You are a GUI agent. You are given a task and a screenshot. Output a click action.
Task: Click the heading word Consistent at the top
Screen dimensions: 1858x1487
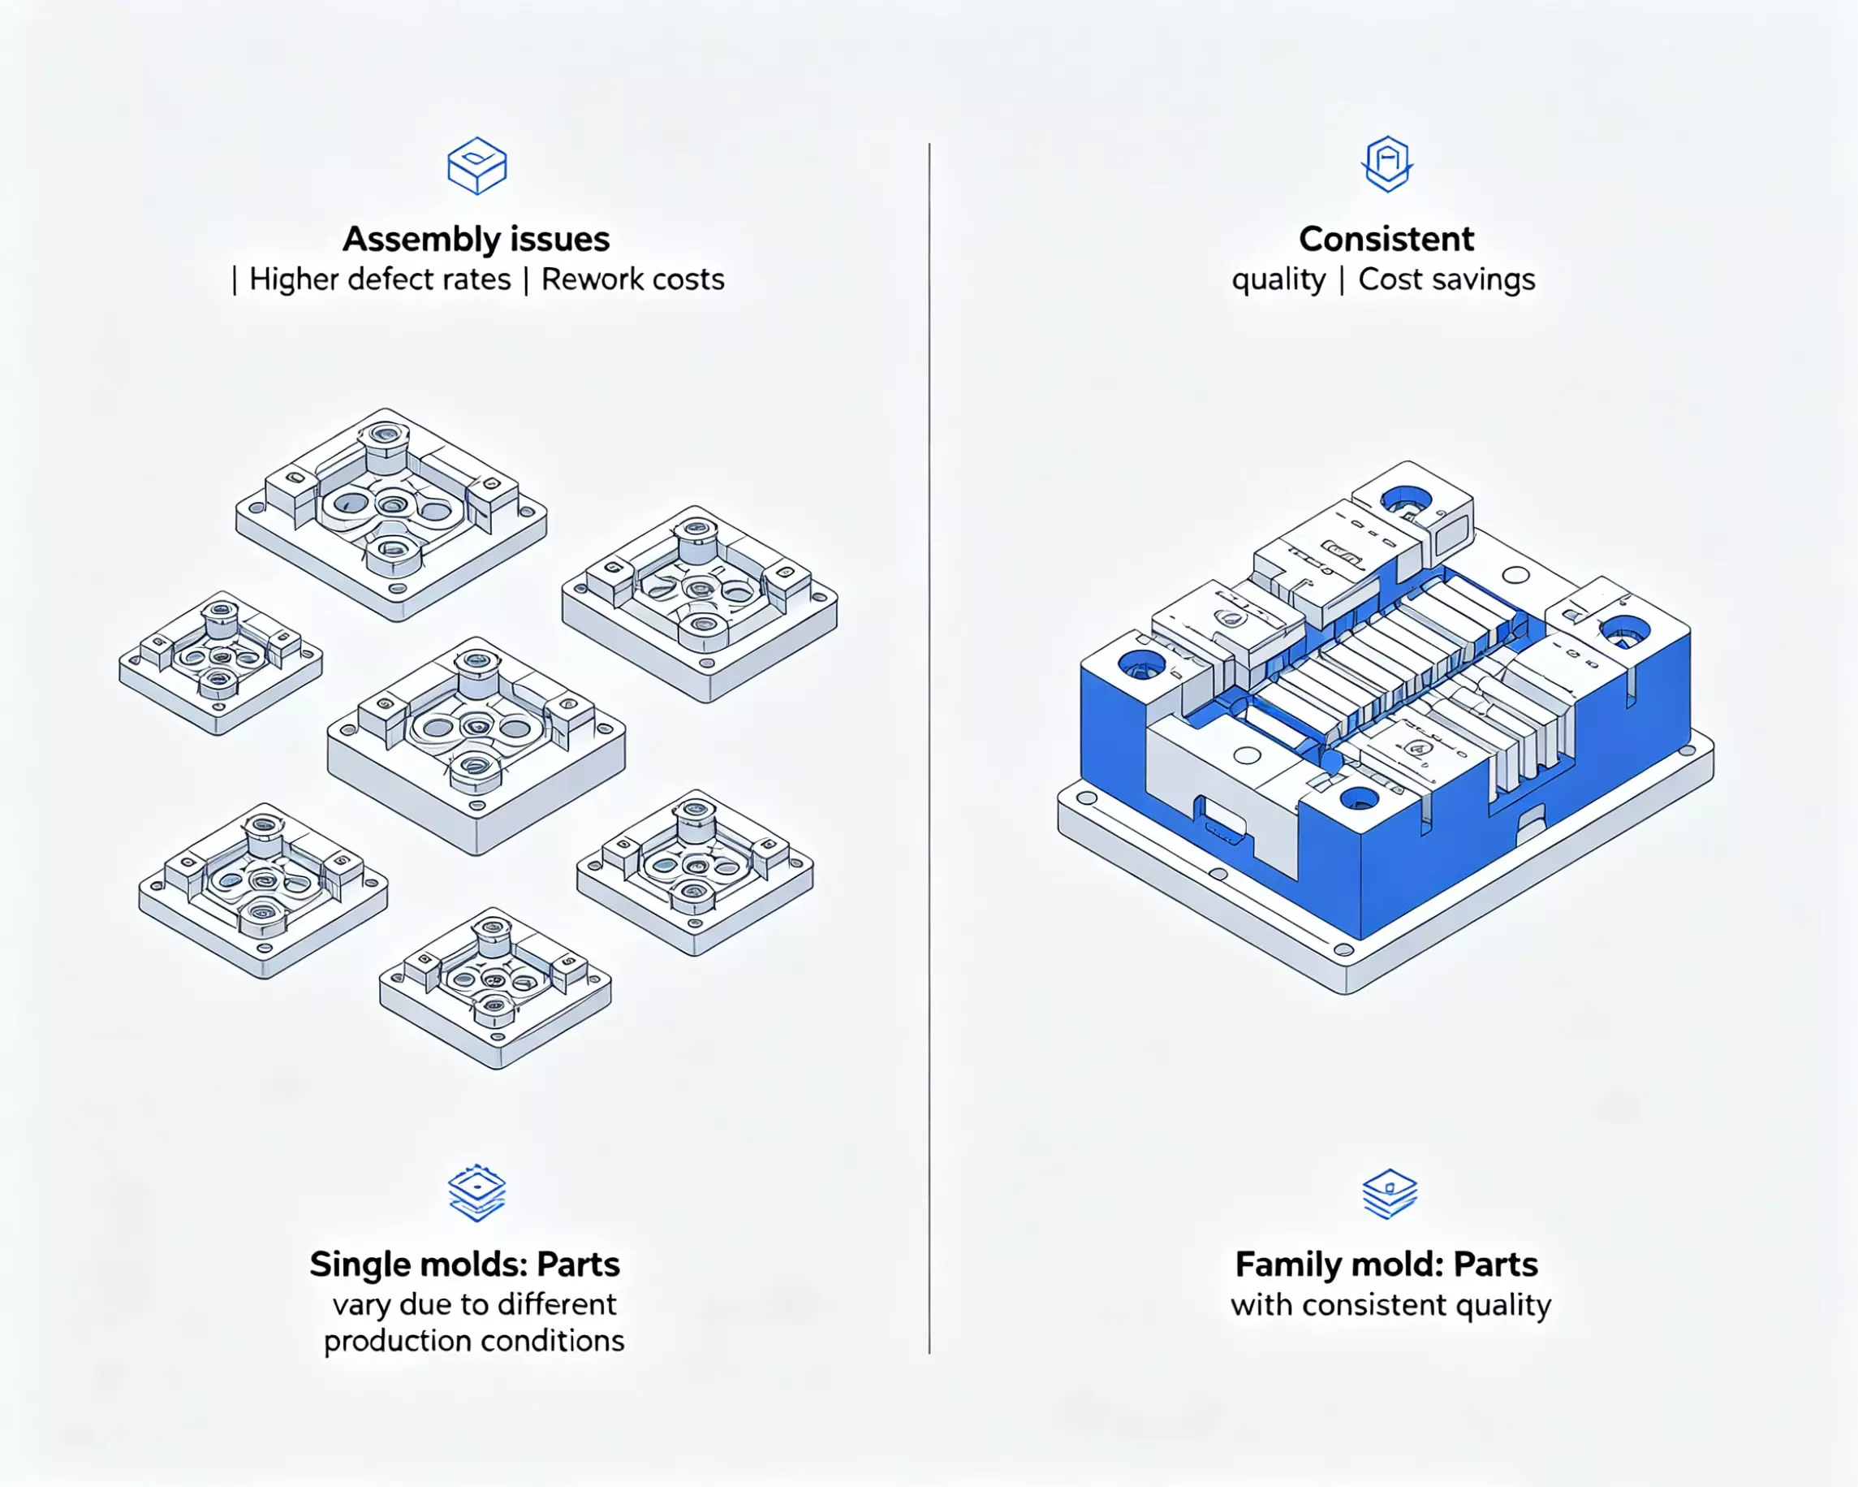pyautogui.click(x=1386, y=239)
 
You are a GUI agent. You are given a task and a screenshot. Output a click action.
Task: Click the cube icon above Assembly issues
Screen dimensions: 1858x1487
pyautogui.click(x=476, y=166)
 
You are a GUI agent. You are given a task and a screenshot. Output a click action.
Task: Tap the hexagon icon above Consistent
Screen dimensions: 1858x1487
pyautogui.click(x=1387, y=164)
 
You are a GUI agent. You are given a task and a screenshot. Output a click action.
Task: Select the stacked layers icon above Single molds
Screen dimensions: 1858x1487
pyautogui.click(x=476, y=1193)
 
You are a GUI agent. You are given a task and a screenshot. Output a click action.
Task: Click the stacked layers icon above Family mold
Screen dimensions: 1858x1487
pyautogui.click(x=1389, y=1194)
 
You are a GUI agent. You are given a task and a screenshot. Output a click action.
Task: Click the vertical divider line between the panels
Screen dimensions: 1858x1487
pyautogui.click(x=929, y=748)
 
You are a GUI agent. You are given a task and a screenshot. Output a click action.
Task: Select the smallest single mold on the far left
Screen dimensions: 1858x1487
pyautogui.click(x=221, y=662)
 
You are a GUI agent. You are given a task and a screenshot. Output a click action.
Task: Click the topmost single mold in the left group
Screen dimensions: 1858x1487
pyautogui.click(x=391, y=514)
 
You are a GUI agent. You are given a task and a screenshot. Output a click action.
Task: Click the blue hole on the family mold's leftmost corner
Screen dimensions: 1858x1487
pyautogui.click(x=1141, y=664)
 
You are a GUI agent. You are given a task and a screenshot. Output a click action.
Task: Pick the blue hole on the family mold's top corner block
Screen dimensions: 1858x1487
pyautogui.click(x=1406, y=499)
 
